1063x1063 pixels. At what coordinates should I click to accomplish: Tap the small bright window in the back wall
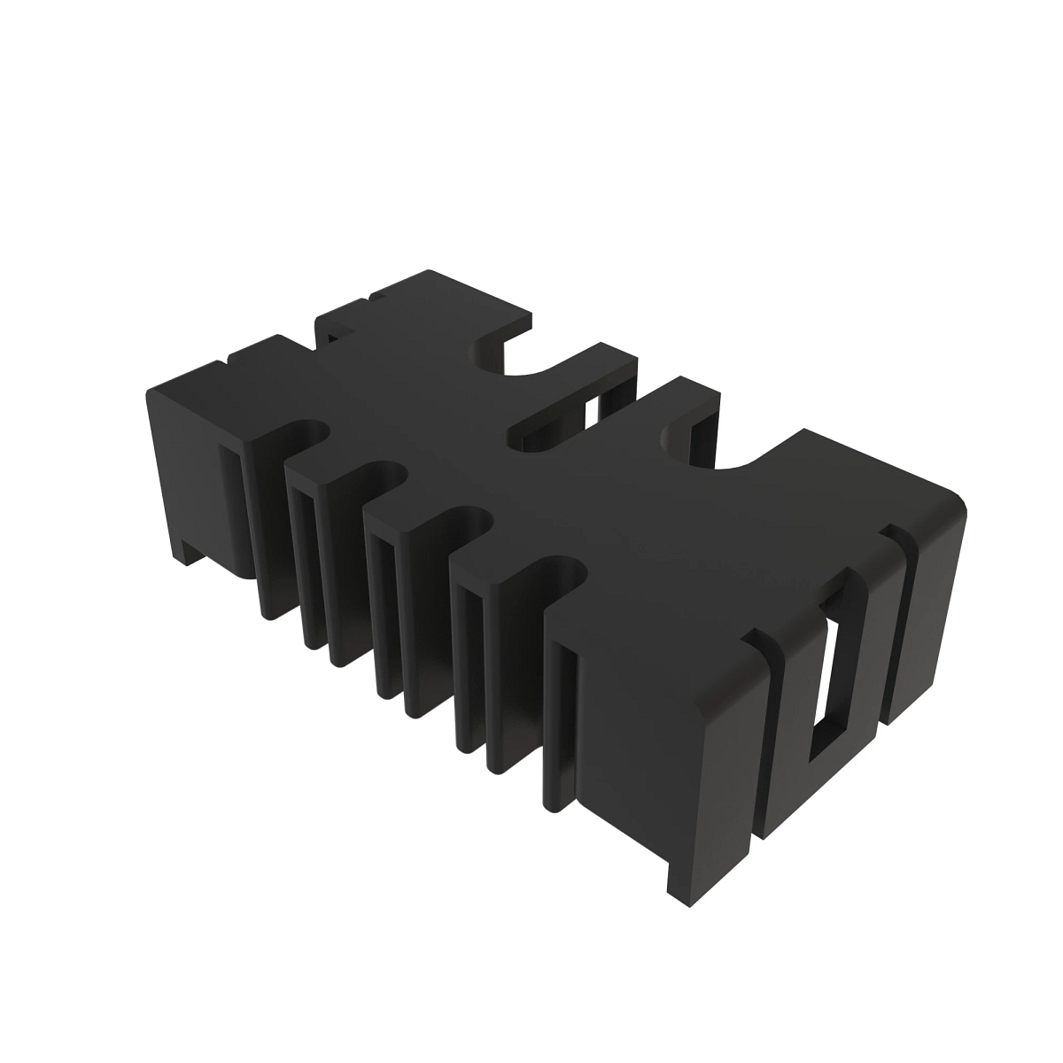(591, 413)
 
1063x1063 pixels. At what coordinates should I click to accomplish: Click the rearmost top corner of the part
(431, 272)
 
